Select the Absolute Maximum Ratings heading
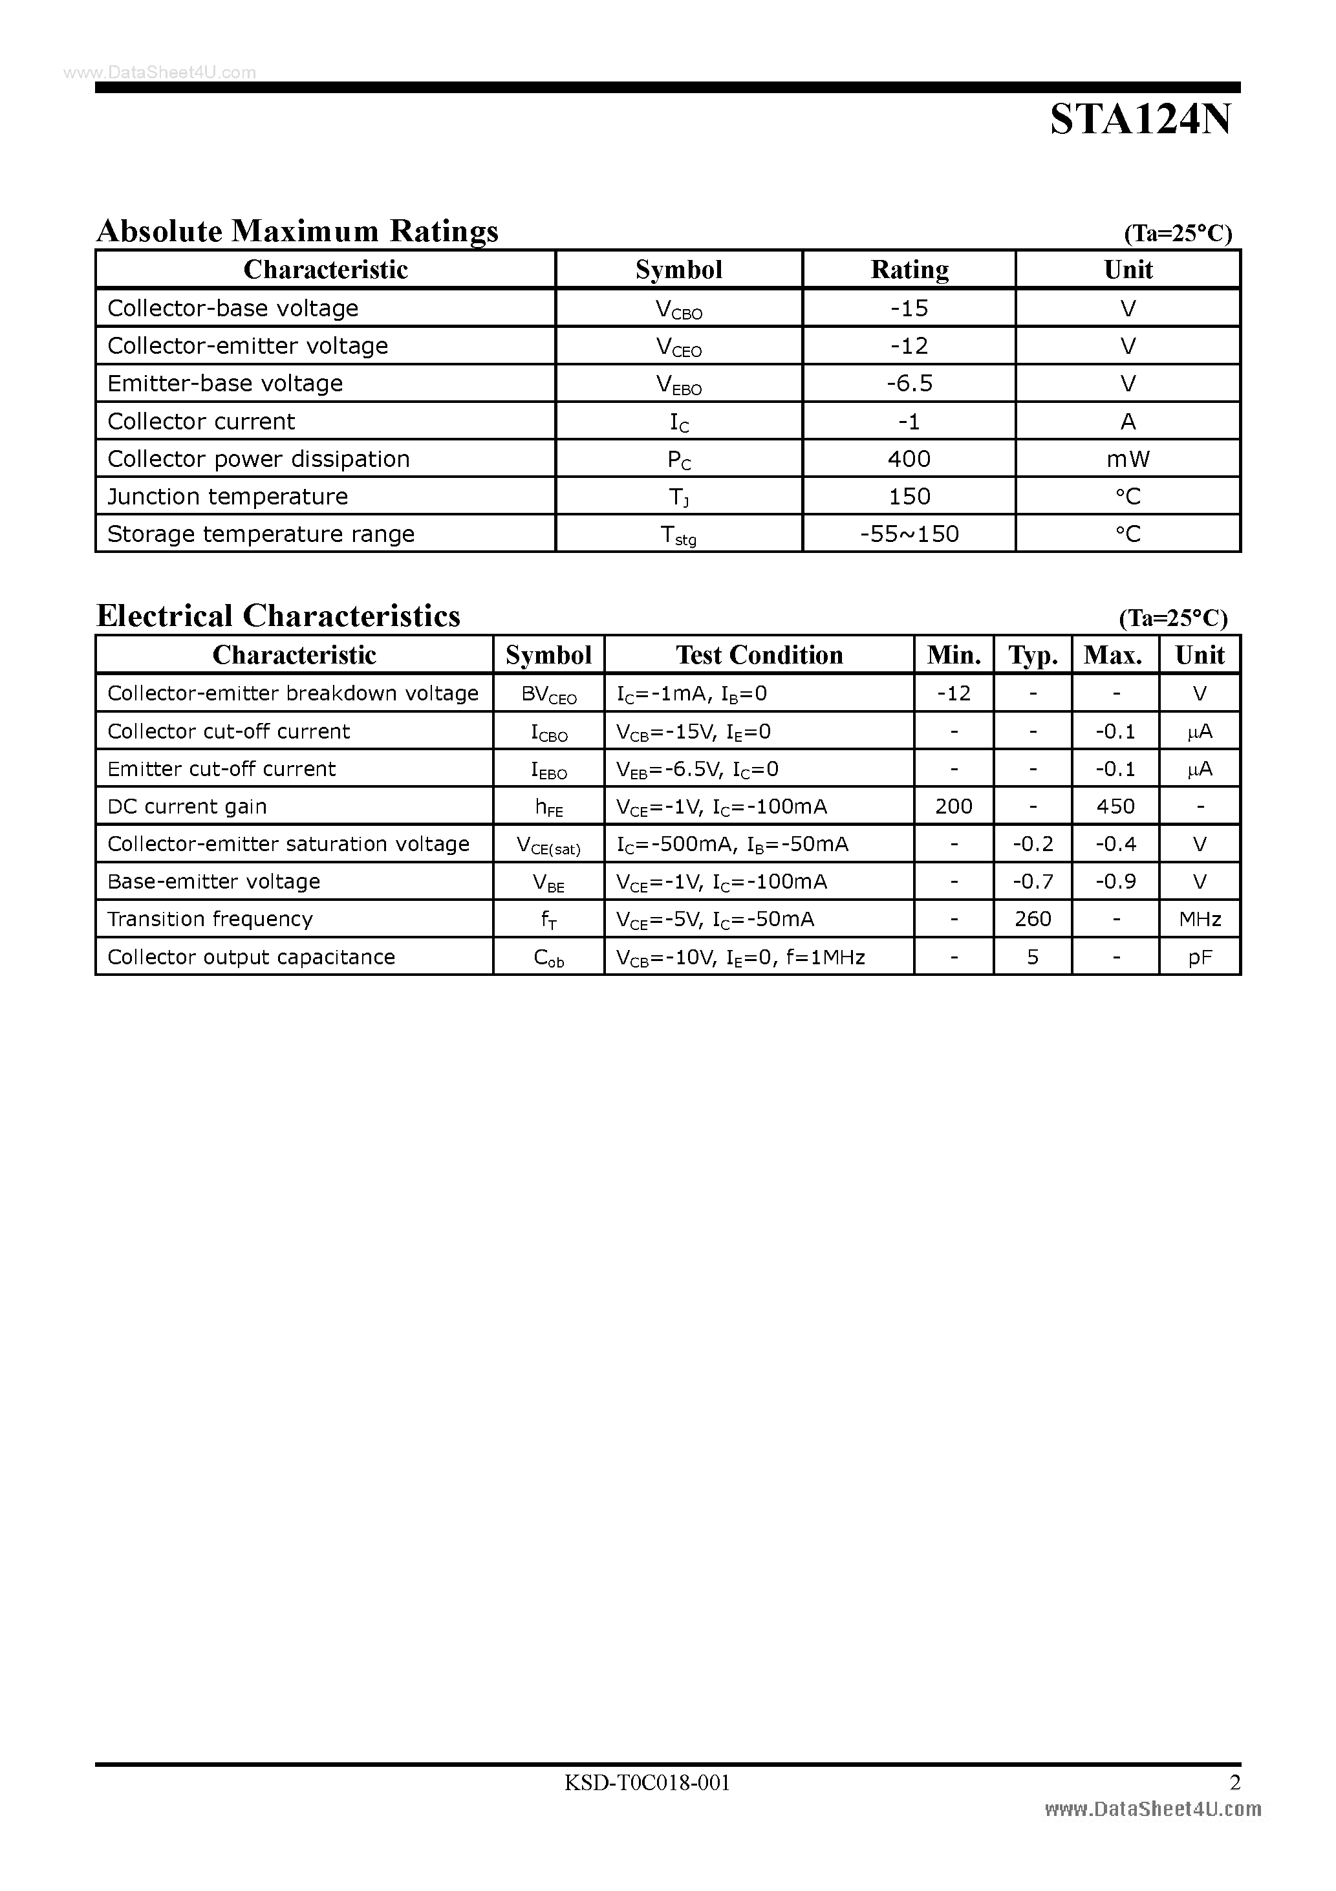[x=297, y=231]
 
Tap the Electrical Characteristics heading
[x=279, y=616]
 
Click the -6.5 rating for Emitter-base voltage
[x=909, y=383]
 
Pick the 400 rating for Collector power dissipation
[x=909, y=459]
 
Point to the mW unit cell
[x=1128, y=459]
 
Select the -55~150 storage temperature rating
[x=909, y=534]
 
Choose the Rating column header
[x=909, y=269]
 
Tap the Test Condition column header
[x=759, y=654]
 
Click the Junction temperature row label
[x=228, y=497]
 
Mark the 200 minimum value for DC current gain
[x=954, y=806]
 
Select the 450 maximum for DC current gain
[x=1115, y=806]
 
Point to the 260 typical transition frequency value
[x=1033, y=919]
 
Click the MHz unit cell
[x=1200, y=919]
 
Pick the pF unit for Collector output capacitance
[x=1200, y=957]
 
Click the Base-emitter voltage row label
[x=213, y=881]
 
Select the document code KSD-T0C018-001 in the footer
[x=647, y=1783]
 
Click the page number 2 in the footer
[x=1234, y=1783]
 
